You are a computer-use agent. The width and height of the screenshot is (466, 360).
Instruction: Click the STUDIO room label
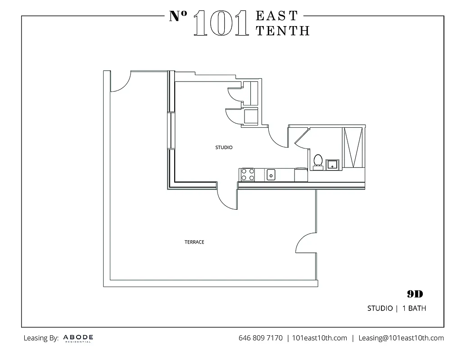coord(224,148)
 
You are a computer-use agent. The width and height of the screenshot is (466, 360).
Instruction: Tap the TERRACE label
coord(195,242)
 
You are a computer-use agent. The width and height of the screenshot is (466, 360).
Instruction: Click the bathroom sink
coord(333,163)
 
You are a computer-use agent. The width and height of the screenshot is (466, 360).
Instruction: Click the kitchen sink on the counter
coord(271,174)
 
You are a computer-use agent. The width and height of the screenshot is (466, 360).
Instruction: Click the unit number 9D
coord(415,294)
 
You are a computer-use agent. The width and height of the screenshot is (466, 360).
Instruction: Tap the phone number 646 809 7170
coord(261,338)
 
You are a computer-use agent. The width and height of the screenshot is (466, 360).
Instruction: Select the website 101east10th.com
coord(320,338)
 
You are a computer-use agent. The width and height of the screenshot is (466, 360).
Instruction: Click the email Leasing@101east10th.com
coord(401,338)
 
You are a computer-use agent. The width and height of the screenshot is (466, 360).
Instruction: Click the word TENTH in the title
coord(283,30)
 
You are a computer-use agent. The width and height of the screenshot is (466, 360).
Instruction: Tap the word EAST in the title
coord(277,16)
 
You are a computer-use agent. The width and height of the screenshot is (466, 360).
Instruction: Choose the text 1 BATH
coord(414,309)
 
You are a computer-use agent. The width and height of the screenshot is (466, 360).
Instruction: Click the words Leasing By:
coord(41,338)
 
